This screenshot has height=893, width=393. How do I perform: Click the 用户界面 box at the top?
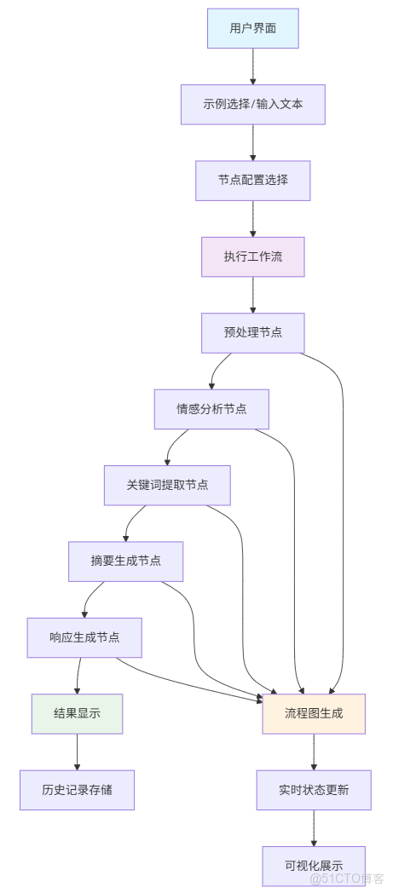pos(252,29)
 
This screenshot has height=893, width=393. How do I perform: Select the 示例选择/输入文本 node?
pos(252,105)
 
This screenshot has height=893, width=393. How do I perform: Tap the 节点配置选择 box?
pos(252,181)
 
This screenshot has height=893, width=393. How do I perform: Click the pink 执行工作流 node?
pos(252,256)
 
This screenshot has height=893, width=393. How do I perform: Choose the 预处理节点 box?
pos(252,332)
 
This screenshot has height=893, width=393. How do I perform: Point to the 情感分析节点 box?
pos(211,409)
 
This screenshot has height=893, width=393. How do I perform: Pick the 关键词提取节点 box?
pos(167,485)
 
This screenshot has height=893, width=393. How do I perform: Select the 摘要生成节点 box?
pos(125,561)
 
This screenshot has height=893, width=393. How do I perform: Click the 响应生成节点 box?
pos(84,637)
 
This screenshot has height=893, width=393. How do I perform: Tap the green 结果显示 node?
pos(77,714)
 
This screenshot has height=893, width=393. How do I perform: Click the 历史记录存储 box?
pos(77,790)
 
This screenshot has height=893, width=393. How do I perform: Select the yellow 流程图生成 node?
pos(314,714)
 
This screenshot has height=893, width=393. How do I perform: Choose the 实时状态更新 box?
pos(314,790)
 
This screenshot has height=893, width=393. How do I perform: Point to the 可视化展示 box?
pos(314,866)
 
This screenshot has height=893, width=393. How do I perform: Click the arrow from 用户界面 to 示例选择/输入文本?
pos(252,66)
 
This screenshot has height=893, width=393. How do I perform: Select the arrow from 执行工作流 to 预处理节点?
pos(252,295)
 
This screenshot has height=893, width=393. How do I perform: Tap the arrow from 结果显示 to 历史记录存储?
pos(77,752)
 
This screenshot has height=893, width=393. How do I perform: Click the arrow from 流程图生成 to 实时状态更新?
pos(314,752)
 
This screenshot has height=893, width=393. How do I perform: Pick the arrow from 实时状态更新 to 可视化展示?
pos(314,827)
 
